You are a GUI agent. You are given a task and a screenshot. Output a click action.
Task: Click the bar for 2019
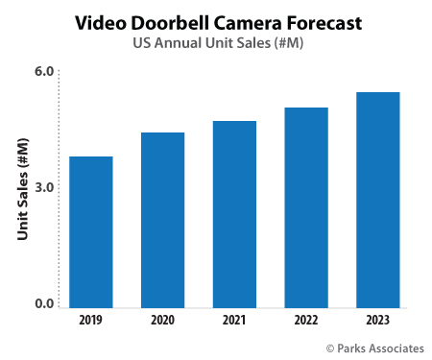click(x=91, y=231)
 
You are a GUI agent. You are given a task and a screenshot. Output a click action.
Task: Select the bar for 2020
click(x=162, y=220)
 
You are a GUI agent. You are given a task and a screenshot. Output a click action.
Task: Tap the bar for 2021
click(x=234, y=214)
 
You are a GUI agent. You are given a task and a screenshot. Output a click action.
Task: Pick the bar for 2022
click(x=306, y=207)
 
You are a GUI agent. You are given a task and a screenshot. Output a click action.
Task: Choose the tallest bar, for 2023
click(x=377, y=200)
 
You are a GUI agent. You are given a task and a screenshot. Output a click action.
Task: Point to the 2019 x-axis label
click(x=91, y=320)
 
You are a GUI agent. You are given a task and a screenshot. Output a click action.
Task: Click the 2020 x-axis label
click(x=162, y=320)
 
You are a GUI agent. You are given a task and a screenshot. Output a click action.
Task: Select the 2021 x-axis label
click(x=234, y=320)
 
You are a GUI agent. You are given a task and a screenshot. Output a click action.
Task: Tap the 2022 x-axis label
click(x=306, y=320)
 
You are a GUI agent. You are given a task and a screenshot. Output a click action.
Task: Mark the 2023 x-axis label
click(x=377, y=320)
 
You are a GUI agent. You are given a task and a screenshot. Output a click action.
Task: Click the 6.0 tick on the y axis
click(x=44, y=72)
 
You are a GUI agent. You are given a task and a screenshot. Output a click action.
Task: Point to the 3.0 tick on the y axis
click(x=44, y=188)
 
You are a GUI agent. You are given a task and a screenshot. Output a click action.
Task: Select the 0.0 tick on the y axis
click(x=44, y=304)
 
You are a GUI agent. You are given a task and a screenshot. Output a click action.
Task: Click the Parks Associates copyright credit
click(x=367, y=347)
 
